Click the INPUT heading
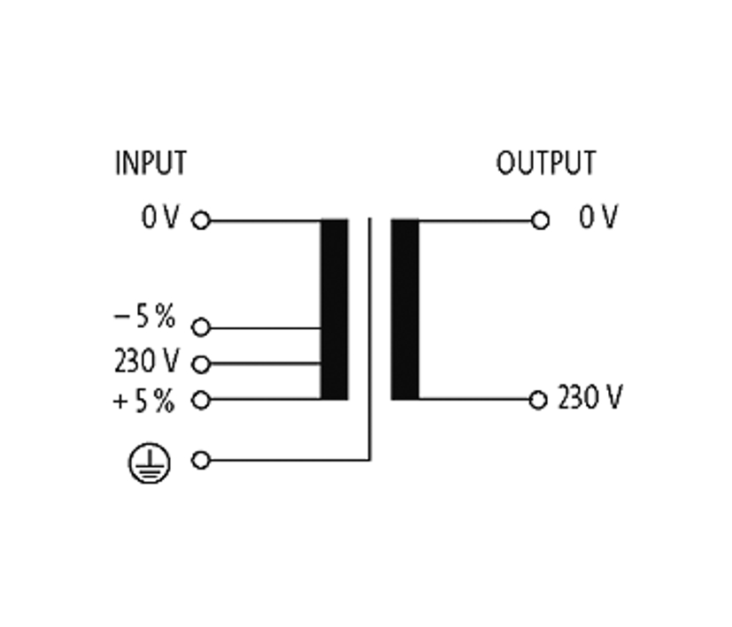pyautogui.click(x=150, y=164)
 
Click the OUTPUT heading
pyautogui.click(x=545, y=164)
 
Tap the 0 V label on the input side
pyautogui.click(x=160, y=218)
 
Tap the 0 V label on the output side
pyautogui.click(x=598, y=218)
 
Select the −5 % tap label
pyautogui.click(x=145, y=318)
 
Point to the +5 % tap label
pyautogui.click(x=144, y=401)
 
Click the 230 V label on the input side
pyautogui.click(x=146, y=361)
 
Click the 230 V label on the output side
pyautogui.click(x=589, y=399)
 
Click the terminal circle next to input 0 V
pyautogui.click(x=201, y=220)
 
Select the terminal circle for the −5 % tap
pyautogui.click(x=201, y=328)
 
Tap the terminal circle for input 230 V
pyautogui.click(x=201, y=363)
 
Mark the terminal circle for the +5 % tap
pyautogui.click(x=201, y=400)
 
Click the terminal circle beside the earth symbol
pyautogui.click(x=201, y=461)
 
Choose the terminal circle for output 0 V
pyautogui.click(x=540, y=220)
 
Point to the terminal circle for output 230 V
pyautogui.click(x=537, y=400)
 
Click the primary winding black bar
pyautogui.click(x=334, y=310)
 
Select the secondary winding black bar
pyautogui.click(x=405, y=310)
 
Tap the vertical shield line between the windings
pyautogui.click(x=370, y=336)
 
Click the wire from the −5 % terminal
pyautogui.click(x=266, y=328)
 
